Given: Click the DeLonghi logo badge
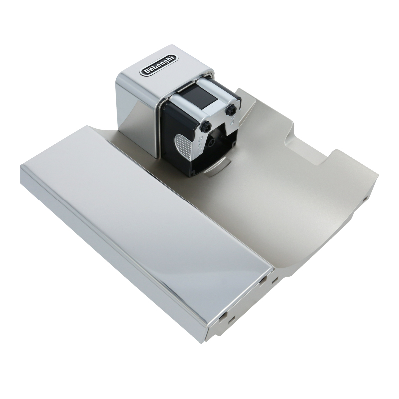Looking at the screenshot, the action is click(159, 65).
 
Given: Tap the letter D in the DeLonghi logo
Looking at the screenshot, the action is click(145, 72).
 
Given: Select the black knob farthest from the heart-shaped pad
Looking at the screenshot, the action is click(232, 110).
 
